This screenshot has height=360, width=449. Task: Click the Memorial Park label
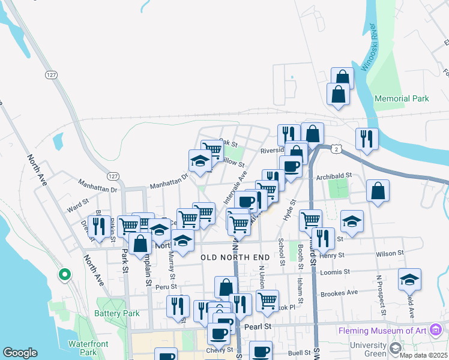402,98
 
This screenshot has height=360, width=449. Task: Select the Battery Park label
117,313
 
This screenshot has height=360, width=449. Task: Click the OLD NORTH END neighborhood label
235,257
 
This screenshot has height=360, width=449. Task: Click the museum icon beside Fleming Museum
436,330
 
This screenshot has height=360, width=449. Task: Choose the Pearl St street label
259,327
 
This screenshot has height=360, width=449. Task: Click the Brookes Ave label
339,293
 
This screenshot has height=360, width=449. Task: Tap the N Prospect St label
379,295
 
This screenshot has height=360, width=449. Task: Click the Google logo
20,353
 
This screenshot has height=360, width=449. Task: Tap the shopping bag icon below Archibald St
378,192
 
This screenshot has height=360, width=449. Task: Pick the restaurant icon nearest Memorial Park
366,139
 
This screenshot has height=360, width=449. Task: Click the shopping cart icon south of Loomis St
267,299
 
